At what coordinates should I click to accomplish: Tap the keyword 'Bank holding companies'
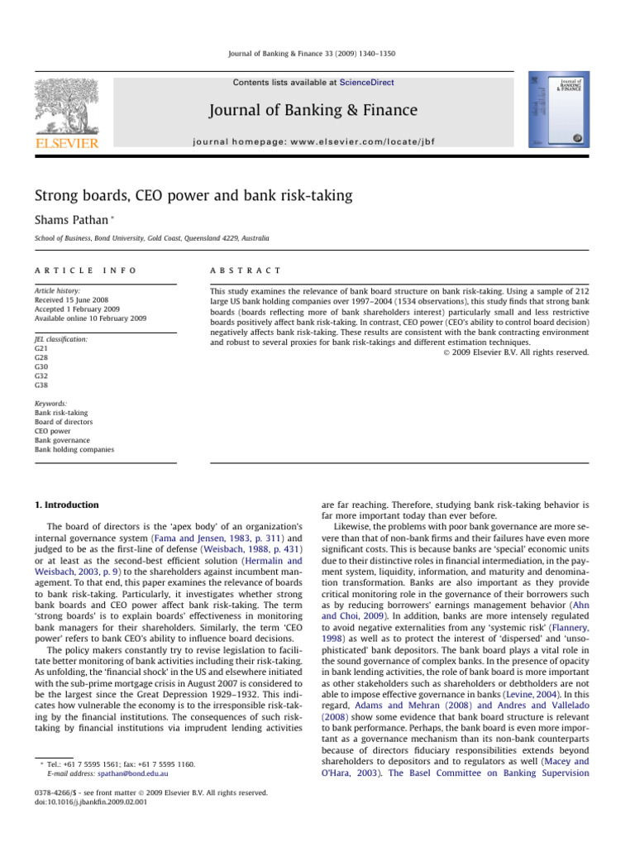point(74,449)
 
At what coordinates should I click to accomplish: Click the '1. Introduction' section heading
point(65,505)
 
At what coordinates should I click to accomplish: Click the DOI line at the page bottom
point(84,802)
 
